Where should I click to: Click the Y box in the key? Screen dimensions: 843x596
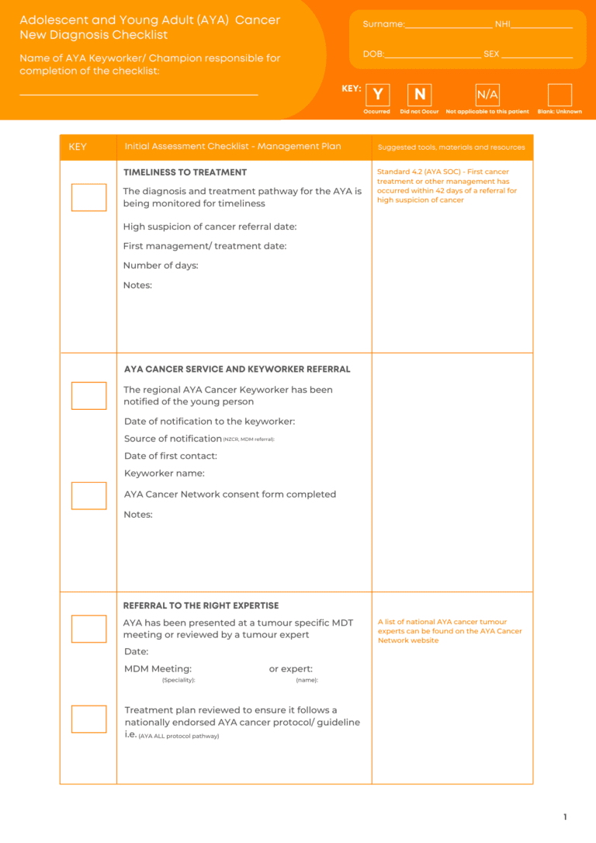click(377, 95)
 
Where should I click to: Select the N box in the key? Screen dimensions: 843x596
click(420, 95)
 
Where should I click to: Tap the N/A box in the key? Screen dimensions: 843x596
click(487, 95)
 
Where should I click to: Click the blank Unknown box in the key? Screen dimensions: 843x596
click(560, 95)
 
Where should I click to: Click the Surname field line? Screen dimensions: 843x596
click(449, 26)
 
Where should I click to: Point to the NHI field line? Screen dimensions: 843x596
click(542, 26)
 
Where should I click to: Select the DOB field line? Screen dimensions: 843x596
click(433, 57)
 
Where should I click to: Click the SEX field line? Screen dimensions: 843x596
click(537, 57)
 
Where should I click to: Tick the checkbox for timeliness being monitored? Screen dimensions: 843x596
click(88, 197)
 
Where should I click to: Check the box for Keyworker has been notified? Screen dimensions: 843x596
click(88, 396)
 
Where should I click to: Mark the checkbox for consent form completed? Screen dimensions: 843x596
click(88, 495)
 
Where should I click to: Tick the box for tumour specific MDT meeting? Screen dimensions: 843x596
click(88, 629)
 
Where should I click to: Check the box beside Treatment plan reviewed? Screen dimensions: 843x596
click(88, 719)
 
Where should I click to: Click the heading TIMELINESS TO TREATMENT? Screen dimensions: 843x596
click(185, 172)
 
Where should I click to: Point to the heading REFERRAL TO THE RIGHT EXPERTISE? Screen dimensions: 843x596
click(201, 605)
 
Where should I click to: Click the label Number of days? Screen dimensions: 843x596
click(161, 265)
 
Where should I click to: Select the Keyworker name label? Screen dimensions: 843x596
click(165, 474)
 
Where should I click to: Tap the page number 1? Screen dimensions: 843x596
click(565, 817)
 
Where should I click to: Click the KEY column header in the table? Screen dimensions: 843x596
click(78, 147)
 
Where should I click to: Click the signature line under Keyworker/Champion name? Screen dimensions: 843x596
click(138, 95)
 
